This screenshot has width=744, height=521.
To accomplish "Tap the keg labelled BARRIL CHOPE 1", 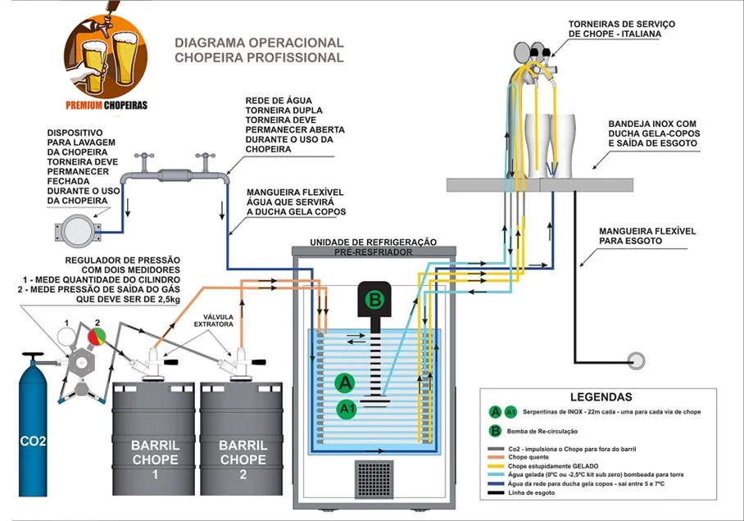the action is (x=153, y=439).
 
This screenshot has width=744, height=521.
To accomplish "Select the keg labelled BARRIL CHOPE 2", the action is (x=242, y=439).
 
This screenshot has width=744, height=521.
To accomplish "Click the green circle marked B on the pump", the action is (x=374, y=300).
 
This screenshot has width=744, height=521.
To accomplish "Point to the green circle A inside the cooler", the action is (x=345, y=383).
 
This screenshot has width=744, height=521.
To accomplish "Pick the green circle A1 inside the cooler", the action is (x=347, y=409).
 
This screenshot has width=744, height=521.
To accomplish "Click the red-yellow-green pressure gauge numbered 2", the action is (x=98, y=337).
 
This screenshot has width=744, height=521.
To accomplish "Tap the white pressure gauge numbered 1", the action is (x=66, y=337).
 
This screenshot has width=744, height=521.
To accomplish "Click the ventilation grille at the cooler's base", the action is (x=374, y=478).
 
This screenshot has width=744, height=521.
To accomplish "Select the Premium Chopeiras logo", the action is (x=106, y=59).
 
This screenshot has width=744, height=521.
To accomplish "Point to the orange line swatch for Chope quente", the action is (x=496, y=457).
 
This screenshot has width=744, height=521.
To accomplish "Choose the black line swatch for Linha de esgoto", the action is (x=496, y=493).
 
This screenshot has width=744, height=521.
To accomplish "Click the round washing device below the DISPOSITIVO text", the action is (x=78, y=231).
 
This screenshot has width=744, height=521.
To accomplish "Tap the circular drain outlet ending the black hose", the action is (x=636, y=360).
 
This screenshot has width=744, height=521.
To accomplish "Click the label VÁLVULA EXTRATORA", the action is (x=214, y=321).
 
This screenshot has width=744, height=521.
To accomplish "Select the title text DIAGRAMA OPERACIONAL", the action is (x=259, y=43).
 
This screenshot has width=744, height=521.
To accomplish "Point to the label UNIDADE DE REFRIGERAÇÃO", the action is (x=373, y=242).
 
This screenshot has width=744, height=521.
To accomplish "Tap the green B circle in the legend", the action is (x=495, y=431).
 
